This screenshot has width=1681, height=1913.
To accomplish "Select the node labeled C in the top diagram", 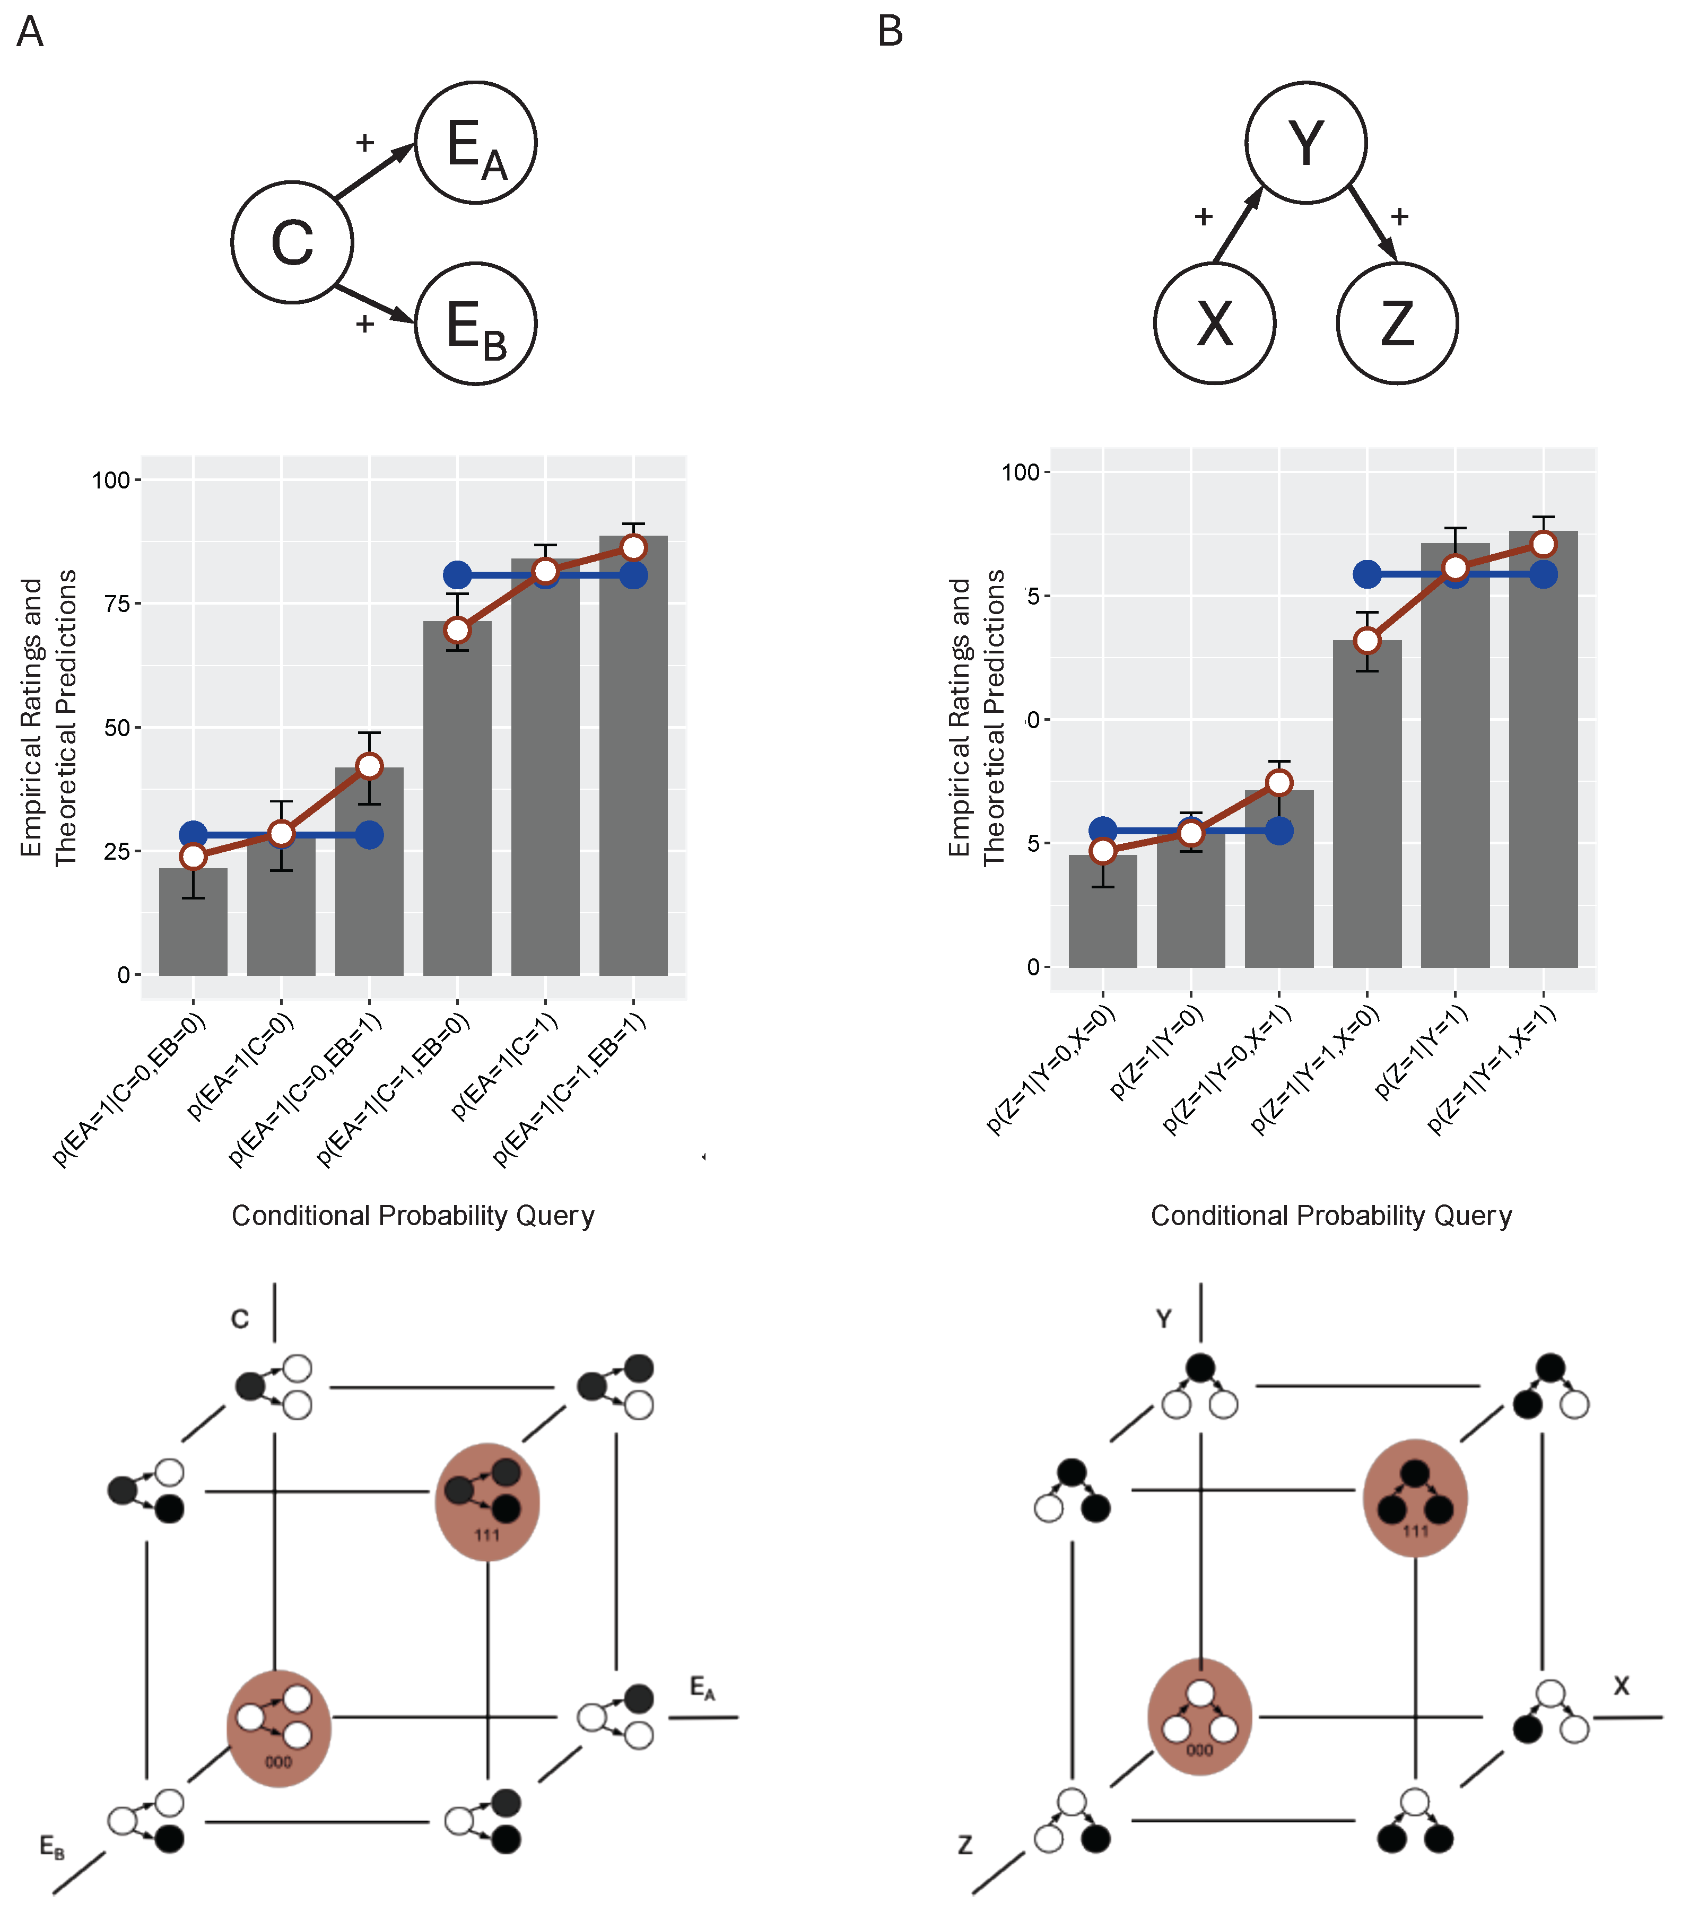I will [x=292, y=242].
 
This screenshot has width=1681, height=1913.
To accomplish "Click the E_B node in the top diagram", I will [x=475, y=324].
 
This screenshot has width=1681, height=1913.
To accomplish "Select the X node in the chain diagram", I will [x=1215, y=324].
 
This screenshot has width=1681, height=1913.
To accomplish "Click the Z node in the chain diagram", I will [x=1397, y=324].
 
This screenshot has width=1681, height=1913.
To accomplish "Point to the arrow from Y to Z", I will [x=1373, y=225].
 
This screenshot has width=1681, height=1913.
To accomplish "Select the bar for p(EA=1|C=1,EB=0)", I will [x=457, y=805].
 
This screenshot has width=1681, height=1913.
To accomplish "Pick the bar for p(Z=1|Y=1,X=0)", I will [x=1366, y=805].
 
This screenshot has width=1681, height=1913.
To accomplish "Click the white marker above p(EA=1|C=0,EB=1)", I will [x=370, y=766].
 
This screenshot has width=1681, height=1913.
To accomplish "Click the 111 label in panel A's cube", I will [x=487, y=1535].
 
